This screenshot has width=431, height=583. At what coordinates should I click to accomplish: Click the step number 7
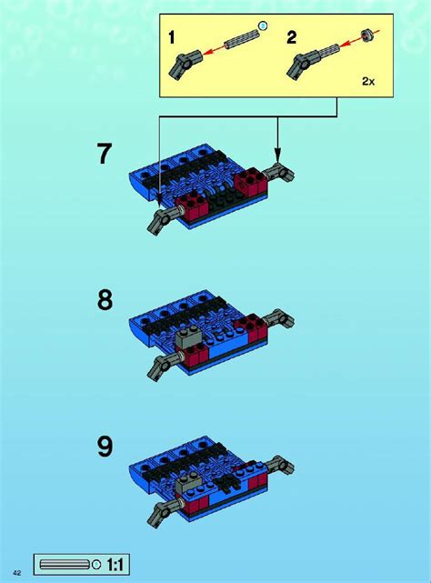(105, 154)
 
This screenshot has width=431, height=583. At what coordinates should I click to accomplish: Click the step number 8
(105, 300)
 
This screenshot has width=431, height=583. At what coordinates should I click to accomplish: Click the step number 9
(105, 447)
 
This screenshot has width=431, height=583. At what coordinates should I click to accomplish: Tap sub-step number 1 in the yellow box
(171, 37)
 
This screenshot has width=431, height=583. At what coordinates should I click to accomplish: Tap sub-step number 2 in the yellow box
(292, 37)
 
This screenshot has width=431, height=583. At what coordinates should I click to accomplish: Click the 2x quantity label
(368, 82)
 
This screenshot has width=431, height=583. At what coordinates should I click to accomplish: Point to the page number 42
(17, 572)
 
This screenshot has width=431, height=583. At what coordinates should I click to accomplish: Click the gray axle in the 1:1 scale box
(65, 565)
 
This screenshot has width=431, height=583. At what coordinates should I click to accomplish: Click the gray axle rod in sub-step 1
(241, 40)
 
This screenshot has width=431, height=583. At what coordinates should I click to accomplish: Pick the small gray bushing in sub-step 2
(366, 35)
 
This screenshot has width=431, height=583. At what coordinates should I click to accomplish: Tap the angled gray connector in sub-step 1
(185, 65)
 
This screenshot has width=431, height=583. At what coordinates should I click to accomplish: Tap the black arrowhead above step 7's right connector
(277, 155)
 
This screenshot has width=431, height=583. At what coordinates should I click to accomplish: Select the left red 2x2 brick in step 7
(191, 206)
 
